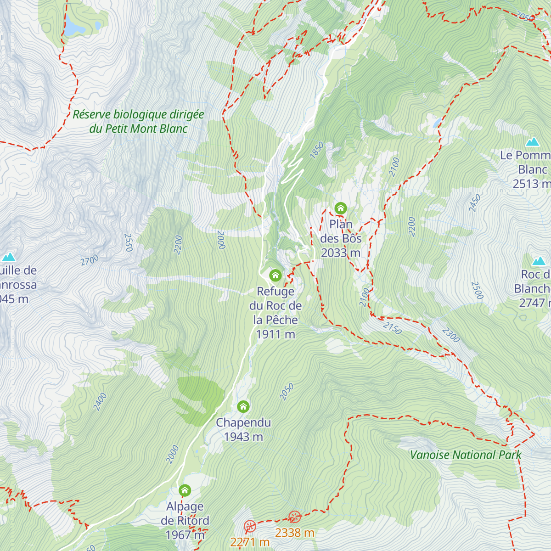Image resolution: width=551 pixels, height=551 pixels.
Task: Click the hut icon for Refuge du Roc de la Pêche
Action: coord(275,275)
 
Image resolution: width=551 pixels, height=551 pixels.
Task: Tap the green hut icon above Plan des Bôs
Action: coord(340,208)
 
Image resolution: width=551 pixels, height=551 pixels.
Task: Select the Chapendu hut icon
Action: coord(243,406)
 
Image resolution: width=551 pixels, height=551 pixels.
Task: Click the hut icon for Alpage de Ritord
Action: coord(185,490)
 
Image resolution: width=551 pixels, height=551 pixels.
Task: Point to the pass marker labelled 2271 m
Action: coord(249,526)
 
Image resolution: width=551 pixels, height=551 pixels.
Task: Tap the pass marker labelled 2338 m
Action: coord(295,517)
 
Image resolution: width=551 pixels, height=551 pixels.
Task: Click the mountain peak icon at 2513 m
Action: coord(533,141)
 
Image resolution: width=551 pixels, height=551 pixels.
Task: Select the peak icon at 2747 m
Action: coord(538,261)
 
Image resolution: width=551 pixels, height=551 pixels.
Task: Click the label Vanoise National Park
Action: coord(465,455)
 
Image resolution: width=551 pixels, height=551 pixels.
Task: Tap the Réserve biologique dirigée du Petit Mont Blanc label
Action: coord(138,122)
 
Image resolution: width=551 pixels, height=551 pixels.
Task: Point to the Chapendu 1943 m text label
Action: coord(243,429)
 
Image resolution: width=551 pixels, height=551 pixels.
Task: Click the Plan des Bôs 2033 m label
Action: coord(341,238)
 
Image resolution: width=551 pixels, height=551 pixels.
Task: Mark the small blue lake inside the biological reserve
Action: coord(75,29)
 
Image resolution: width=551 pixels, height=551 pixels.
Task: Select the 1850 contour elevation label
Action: coord(317,150)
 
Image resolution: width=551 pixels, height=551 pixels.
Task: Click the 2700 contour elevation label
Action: coord(90,260)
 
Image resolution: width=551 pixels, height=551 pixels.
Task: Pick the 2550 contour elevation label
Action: coord(128,242)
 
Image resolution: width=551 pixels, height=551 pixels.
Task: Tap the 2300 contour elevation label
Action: coord(451,335)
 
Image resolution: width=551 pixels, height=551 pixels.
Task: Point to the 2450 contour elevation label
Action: coord(475,203)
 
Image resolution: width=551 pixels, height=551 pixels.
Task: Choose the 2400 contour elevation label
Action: coord(100,402)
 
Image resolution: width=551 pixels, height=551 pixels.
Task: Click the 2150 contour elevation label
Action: coord(392,328)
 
